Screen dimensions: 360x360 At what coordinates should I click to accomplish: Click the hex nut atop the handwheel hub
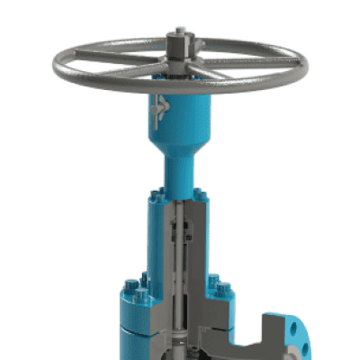178,40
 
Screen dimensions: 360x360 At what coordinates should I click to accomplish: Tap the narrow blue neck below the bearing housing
179,171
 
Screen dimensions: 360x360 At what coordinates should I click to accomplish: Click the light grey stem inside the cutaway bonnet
182,270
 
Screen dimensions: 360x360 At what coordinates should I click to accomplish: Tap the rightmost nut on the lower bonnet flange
223,291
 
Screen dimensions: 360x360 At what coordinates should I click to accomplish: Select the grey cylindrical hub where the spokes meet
178,63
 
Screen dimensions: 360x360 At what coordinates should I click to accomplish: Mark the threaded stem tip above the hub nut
178,31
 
